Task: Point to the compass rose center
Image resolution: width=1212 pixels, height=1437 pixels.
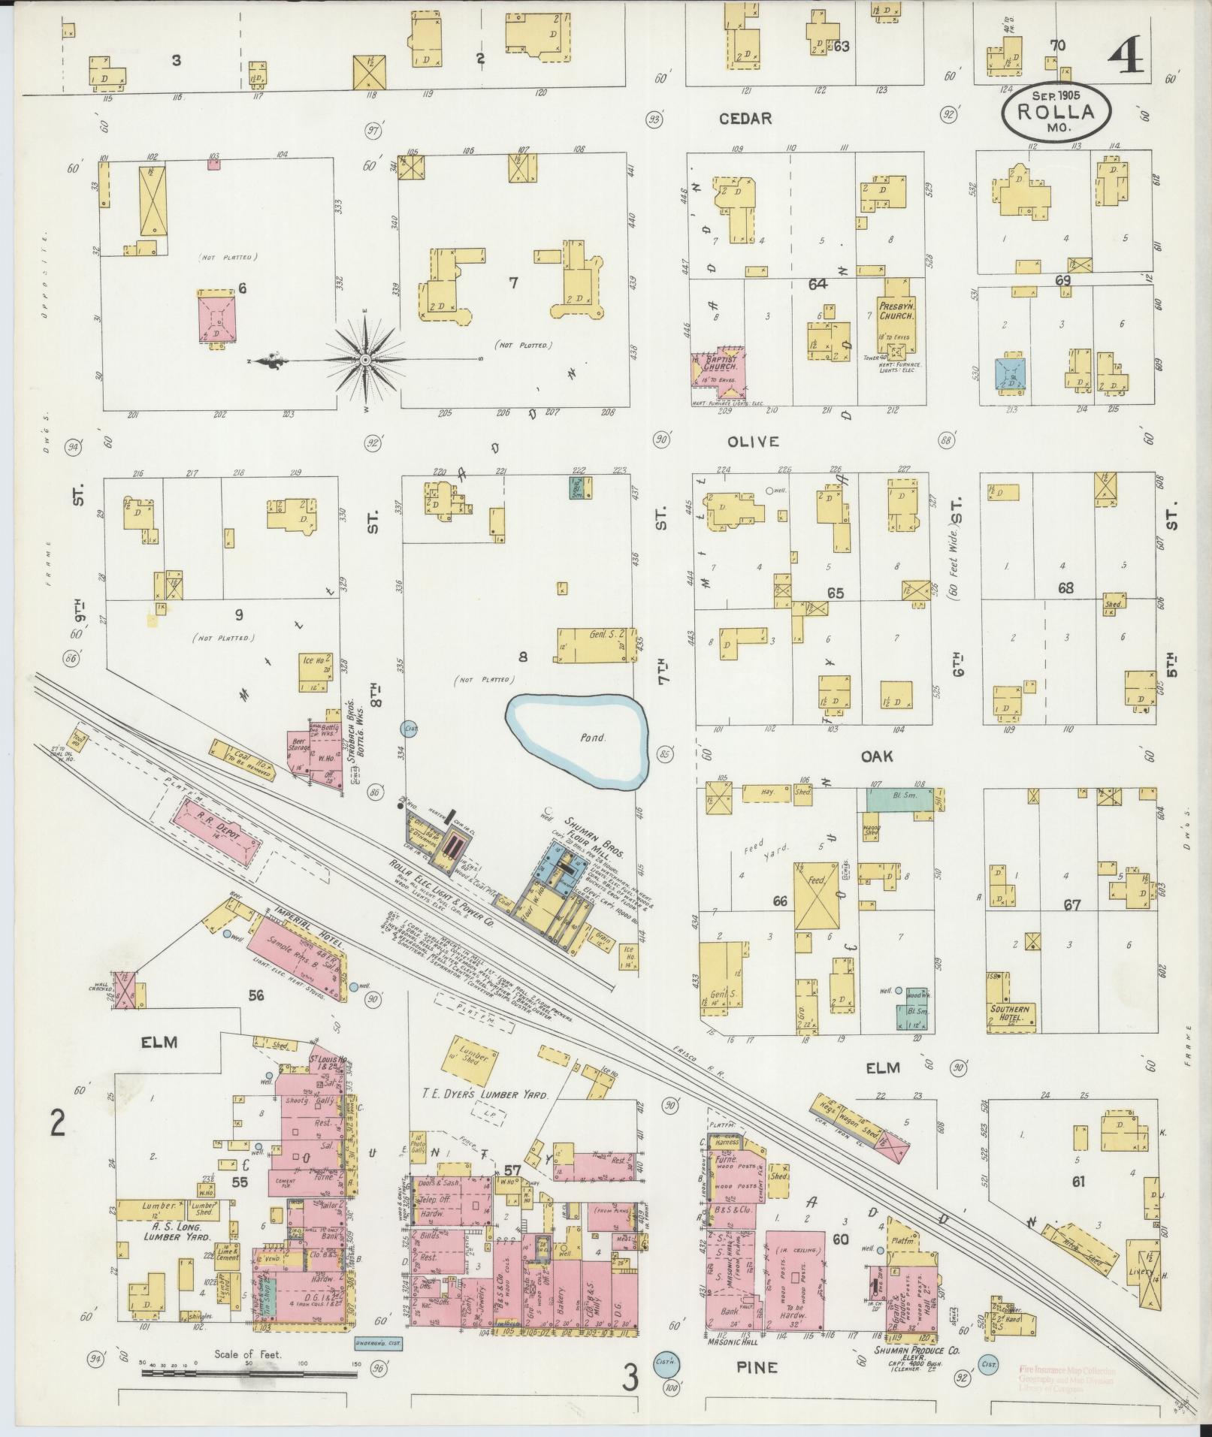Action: pyautogui.click(x=365, y=361)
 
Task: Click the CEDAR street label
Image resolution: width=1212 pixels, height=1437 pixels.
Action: pyautogui.click(x=745, y=119)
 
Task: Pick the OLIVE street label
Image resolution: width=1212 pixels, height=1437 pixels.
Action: pyautogui.click(x=753, y=442)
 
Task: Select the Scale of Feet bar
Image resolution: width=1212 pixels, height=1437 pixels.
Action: pyautogui.click(x=248, y=1372)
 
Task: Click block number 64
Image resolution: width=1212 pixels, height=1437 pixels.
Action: pyautogui.click(x=818, y=284)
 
